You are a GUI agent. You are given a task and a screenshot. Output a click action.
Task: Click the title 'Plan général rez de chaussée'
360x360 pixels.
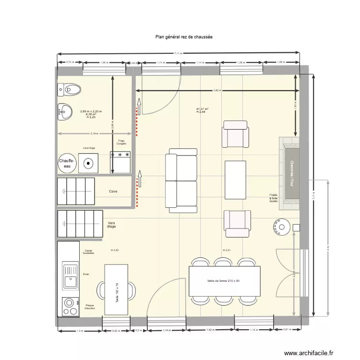coord(184,36)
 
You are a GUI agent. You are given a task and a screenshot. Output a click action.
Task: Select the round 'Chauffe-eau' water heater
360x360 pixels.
coord(66,164)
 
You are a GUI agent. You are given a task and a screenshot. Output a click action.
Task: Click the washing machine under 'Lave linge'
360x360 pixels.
coord(88,164)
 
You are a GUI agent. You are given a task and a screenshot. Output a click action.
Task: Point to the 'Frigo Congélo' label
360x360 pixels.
coord(121,143)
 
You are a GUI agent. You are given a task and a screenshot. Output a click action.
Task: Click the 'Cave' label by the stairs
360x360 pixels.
coord(113,192)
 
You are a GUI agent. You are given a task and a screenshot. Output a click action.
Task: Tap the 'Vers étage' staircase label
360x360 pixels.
coord(112,225)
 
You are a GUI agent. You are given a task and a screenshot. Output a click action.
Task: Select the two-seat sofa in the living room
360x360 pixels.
coord(181,180)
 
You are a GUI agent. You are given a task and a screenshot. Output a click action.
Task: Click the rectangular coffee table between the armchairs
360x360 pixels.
coord(236,179)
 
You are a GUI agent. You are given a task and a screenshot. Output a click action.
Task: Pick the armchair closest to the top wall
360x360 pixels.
coord(235,134)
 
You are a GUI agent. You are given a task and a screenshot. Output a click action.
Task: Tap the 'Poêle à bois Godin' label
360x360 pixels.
coord(274,198)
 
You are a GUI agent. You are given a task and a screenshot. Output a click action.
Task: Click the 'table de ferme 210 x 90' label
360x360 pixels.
coord(224,281)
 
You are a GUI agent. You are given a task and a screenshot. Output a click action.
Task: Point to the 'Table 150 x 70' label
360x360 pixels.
coord(117,291)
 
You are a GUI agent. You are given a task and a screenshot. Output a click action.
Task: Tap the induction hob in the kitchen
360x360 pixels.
coord(70,306)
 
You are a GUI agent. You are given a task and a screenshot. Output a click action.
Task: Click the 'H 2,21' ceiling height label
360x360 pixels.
coord(227,251)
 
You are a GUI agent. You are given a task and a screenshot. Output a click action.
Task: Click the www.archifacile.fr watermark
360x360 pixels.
coord(309,353)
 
